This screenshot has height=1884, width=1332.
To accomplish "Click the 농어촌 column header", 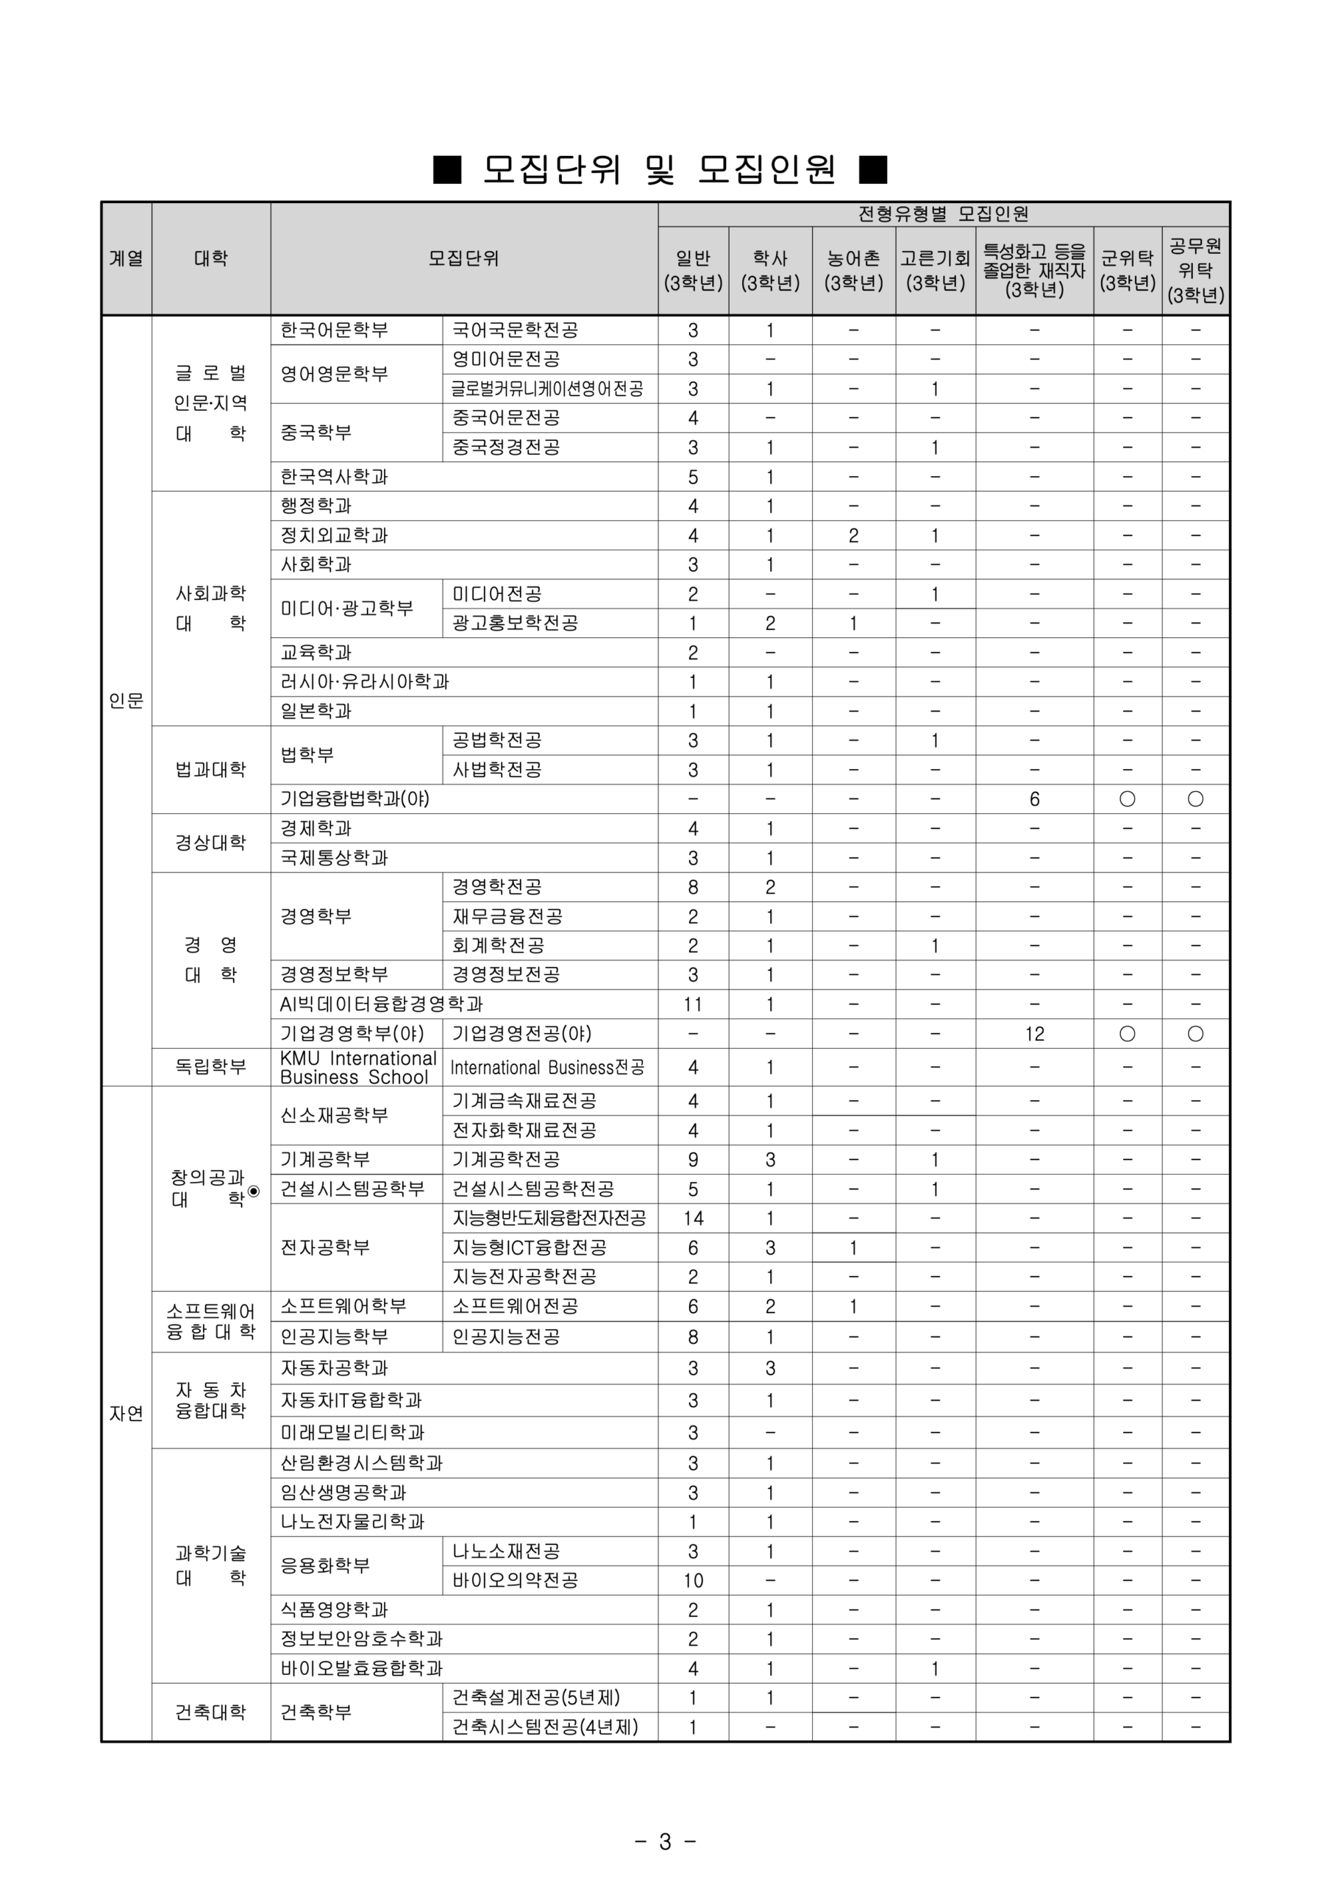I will (x=853, y=270).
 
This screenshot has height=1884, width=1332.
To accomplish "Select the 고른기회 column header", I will (x=935, y=270).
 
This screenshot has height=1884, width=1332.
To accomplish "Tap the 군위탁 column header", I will (x=1127, y=270).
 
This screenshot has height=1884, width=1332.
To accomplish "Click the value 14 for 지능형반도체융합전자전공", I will (x=693, y=1219).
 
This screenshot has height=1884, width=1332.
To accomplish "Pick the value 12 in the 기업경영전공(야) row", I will (x=1034, y=1034).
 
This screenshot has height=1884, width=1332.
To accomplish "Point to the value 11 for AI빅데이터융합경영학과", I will (x=693, y=1005).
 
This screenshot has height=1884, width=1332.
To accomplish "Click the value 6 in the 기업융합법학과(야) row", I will (x=1034, y=799).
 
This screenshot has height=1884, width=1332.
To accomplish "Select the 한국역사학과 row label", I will (x=335, y=477).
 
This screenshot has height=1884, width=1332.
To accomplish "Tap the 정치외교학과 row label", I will (x=335, y=536).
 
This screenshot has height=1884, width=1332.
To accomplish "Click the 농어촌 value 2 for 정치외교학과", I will (x=853, y=536).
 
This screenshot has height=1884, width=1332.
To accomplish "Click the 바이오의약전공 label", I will (x=515, y=1580).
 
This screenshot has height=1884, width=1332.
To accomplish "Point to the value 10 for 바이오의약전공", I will (x=693, y=1580).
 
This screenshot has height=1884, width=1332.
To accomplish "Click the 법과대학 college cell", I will (x=211, y=770).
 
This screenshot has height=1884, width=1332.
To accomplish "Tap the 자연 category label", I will (x=127, y=1413).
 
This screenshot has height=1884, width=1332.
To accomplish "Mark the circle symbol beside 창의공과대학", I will (x=254, y=1191).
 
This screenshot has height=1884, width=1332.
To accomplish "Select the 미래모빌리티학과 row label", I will (x=353, y=1433).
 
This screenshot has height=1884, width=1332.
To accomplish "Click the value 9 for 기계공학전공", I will (x=693, y=1159).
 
